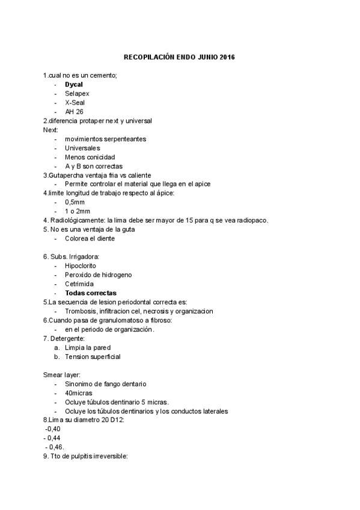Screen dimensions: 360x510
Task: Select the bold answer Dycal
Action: [x=74, y=84]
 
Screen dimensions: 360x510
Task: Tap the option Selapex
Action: [x=77, y=93]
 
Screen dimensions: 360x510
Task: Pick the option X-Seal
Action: [x=75, y=102]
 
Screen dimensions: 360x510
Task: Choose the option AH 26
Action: [x=74, y=112]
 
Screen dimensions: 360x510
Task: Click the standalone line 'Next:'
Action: [x=50, y=130]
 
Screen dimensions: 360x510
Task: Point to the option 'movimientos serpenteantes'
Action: [x=105, y=139]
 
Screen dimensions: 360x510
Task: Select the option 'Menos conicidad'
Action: [x=90, y=157]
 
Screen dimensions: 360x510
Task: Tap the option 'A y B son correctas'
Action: [x=94, y=166]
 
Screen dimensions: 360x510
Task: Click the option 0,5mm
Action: [x=75, y=202]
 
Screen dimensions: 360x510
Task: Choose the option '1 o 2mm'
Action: [x=78, y=211]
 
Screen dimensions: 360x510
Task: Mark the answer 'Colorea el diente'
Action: [x=90, y=238]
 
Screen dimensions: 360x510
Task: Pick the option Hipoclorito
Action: [x=81, y=265]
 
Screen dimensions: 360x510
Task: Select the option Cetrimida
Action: [x=78, y=283]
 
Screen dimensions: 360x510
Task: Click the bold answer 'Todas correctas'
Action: [x=91, y=293]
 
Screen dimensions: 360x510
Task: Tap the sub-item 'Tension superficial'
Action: [x=93, y=357]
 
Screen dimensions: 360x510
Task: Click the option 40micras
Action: [x=78, y=393]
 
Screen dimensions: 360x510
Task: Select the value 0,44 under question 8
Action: [x=55, y=438]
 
